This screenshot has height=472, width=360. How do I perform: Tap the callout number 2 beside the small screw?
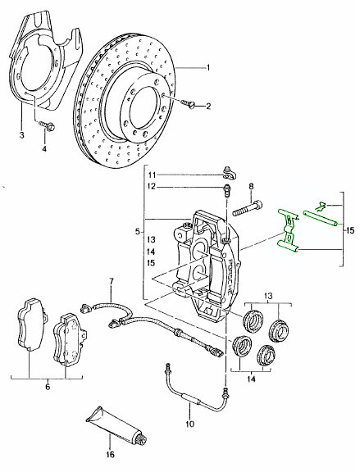(x=208, y=107)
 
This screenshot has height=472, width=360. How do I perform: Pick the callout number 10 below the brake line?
(x=188, y=424)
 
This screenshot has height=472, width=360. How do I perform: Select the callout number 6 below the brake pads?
(x=47, y=386)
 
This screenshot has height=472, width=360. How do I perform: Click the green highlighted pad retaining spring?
(x=289, y=231)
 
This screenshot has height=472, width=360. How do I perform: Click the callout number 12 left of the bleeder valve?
(x=152, y=188)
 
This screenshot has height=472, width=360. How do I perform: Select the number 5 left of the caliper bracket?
(x=138, y=232)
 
